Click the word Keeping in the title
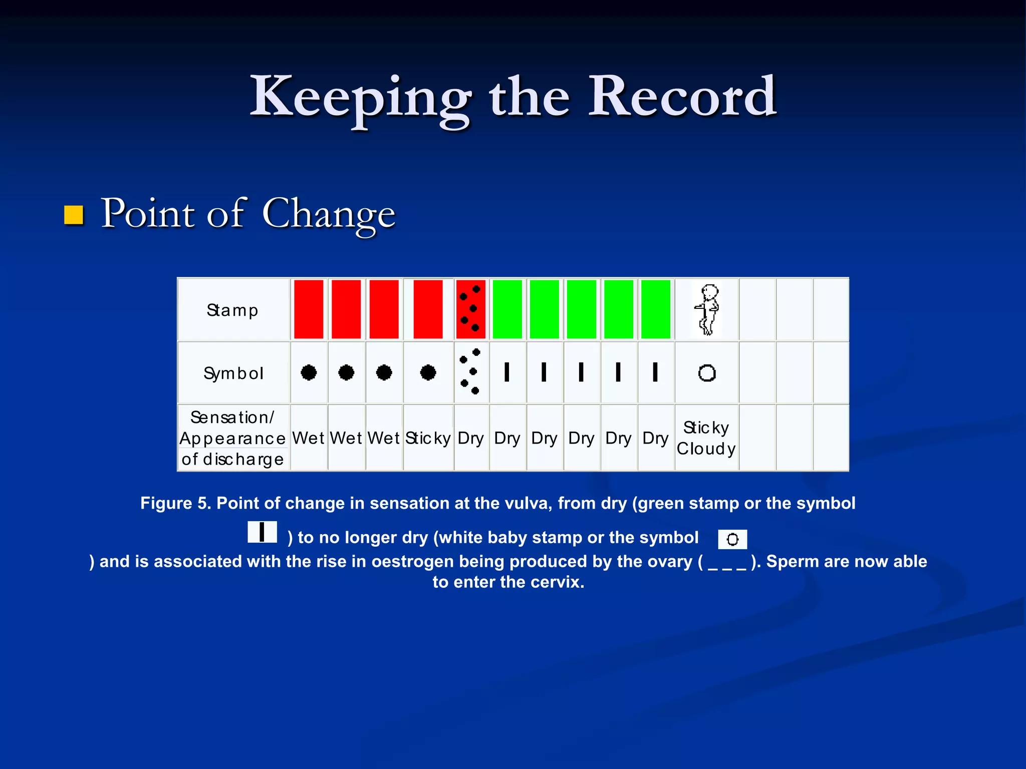point(361,98)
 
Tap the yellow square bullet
point(74,215)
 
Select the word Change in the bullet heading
point(329,214)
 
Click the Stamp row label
point(232,310)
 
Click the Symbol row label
point(233,373)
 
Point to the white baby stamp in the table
point(707,310)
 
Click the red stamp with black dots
point(470,309)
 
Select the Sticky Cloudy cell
point(706,438)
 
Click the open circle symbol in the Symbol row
point(707,373)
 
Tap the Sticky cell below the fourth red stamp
point(428,438)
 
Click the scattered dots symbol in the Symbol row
point(470,371)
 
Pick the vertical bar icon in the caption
point(262,532)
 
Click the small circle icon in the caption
point(732,539)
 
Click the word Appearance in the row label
point(232,439)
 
